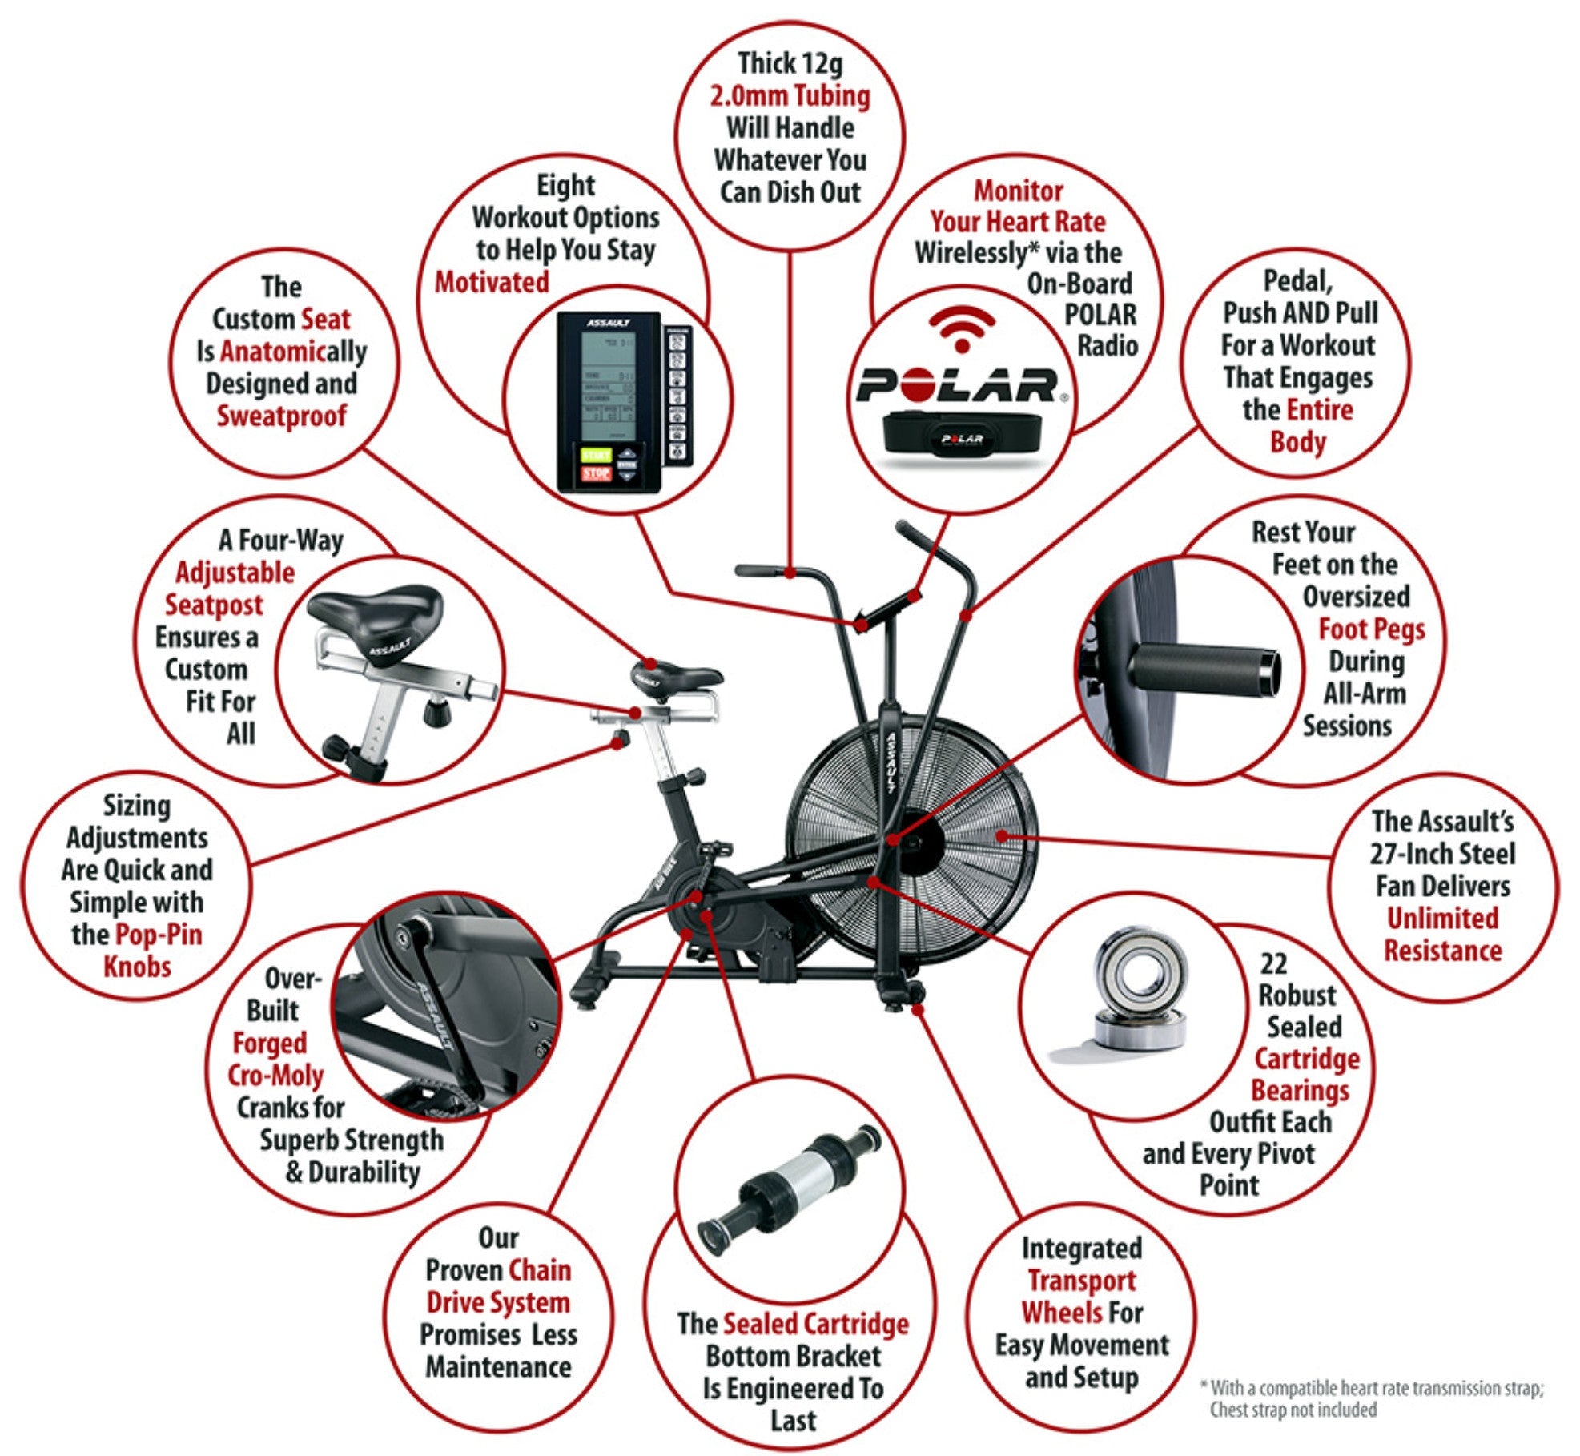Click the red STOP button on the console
pyautogui.click(x=596, y=473)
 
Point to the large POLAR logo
pyautogui.click(x=958, y=385)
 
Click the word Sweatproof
pyautogui.click(x=281, y=416)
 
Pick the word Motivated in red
pyautogui.click(x=492, y=283)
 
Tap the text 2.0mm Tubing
pyautogui.click(x=790, y=96)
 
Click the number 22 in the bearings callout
pyautogui.click(x=1272, y=963)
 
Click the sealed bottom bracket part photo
pyautogui.click(x=789, y=1185)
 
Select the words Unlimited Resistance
pyautogui.click(x=1442, y=935)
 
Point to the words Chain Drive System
pyautogui.click(x=498, y=1286)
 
